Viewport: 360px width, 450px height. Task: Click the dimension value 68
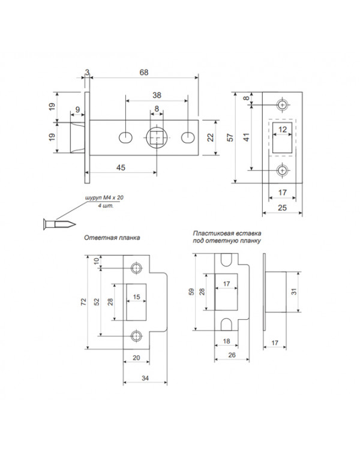coord(144,73)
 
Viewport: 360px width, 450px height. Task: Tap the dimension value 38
coord(157,95)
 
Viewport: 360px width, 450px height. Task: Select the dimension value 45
coord(121,167)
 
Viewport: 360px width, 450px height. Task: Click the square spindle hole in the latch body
coord(157,137)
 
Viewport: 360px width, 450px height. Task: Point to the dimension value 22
coord(211,137)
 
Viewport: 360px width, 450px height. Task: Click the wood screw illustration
coord(59,224)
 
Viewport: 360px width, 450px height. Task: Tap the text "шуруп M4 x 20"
coord(104,198)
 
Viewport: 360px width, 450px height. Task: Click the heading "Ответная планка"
coord(112,238)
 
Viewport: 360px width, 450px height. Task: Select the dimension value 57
coord(230,137)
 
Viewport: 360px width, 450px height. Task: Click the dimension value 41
coord(247,137)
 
